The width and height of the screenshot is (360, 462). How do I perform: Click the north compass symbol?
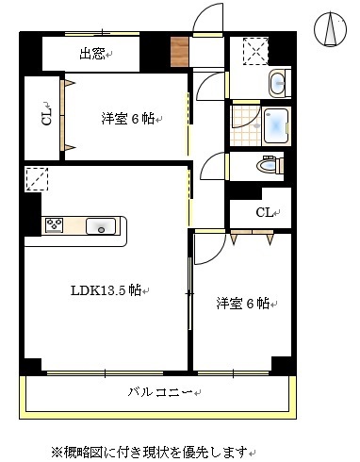[x=331, y=29]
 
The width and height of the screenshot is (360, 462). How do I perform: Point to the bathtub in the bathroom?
[x=278, y=124]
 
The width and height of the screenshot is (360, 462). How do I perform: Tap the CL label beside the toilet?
[x=267, y=212]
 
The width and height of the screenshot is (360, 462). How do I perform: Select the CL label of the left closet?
[x=45, y=117]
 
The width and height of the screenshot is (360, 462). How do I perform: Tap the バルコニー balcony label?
[x=160, y=391]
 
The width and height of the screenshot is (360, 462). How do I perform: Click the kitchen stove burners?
[x=54, y=225]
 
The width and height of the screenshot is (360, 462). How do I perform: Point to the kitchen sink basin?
[x=100, y=226]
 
